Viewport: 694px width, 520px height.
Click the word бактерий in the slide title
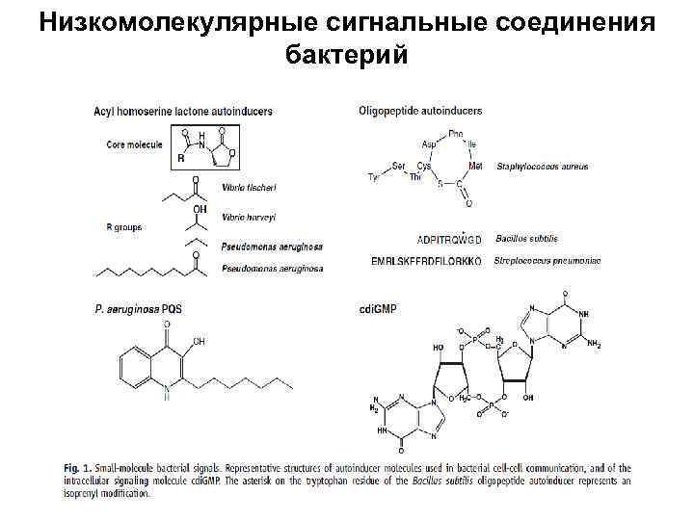point(347,56)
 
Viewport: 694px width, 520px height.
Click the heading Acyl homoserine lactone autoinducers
point(183,111)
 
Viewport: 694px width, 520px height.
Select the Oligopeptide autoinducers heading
point(419,111)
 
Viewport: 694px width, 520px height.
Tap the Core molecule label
point(134,145)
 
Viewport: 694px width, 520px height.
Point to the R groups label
point(124,227)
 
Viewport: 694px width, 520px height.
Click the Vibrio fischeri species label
point(250,187)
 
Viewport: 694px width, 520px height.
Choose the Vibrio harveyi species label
point(249,216)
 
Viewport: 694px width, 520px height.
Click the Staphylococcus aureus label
point(542,167)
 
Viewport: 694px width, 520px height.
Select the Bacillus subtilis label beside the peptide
point(527,238)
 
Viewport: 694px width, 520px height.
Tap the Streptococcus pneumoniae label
point(547,261)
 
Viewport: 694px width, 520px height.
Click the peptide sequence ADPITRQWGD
point(448,239)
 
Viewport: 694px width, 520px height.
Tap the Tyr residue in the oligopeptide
point(375,176)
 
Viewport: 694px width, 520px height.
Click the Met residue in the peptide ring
point(475,166)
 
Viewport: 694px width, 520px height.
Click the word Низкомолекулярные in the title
point(171,21)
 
